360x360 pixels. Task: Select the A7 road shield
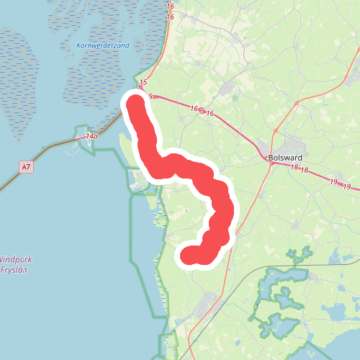pyautogui.click(x=26, y=168)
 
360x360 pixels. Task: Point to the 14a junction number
pyautogui.click(x=91, y=136)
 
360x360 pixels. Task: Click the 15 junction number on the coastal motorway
pyautogui.click(x=143, y=83)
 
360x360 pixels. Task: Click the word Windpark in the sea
pyautogui.click(x=16, y=259)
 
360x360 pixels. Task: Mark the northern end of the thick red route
pyautogui.click(x=135, y=102)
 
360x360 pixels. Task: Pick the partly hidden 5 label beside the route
pyautogui.click(x=151, y=96)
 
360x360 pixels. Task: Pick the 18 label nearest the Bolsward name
pyautogui.click(x=295, y=168)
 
